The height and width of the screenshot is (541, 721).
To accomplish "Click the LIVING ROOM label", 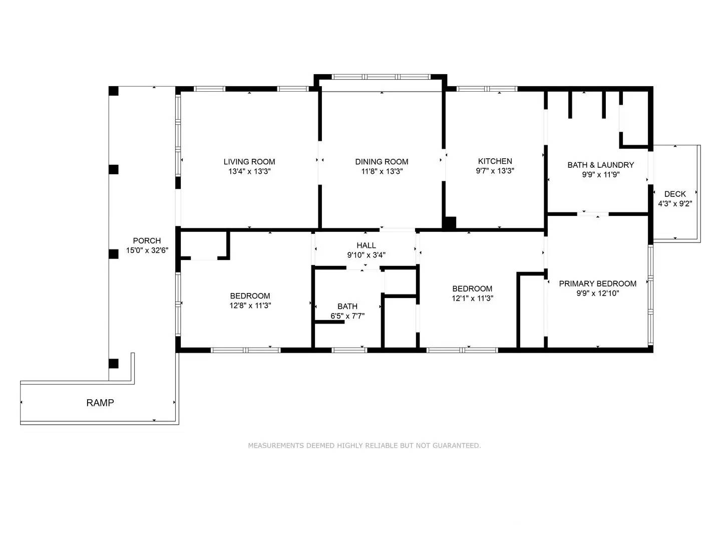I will click(x=249, y=161).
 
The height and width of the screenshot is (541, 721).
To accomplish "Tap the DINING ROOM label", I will click(x=382, y=161).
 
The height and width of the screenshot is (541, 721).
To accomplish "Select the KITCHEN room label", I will click(x=495, y=161).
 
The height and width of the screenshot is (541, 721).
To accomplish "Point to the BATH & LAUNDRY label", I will click(x=600, y=165).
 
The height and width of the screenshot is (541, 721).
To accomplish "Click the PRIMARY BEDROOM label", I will click(x=597, y=284).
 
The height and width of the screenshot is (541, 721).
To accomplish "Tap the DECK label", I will click(x=674, y=194).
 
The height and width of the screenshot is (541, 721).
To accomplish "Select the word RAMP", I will click(x=100, y=403).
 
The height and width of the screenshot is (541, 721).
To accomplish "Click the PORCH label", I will click(x=147, y=240).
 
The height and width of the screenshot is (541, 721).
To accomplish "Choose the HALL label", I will click(x=366, y=245).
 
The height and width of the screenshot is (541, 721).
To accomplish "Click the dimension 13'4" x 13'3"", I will click(x=249, y=171).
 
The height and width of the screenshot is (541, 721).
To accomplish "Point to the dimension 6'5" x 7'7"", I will click(x=347, y=316).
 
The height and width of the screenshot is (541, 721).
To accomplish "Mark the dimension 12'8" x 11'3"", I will click(x=250, y=306).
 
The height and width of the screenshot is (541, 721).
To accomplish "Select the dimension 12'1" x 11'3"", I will click(x=472, y=298).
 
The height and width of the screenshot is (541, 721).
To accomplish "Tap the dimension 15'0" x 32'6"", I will click(x=147, y=250).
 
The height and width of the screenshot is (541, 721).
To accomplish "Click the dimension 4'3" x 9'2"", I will click(x=674, y=204).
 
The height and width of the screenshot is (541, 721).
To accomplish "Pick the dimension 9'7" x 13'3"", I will click(x=495, y=170).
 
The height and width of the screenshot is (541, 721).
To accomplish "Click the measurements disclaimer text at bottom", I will click(x=364, y=445).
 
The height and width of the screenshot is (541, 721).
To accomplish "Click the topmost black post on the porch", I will click(x=114, y=91).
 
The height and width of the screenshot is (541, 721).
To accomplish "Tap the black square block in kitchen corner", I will click(x=450, y=223).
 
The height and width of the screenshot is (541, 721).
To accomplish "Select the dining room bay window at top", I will click(x=381, y=77).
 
